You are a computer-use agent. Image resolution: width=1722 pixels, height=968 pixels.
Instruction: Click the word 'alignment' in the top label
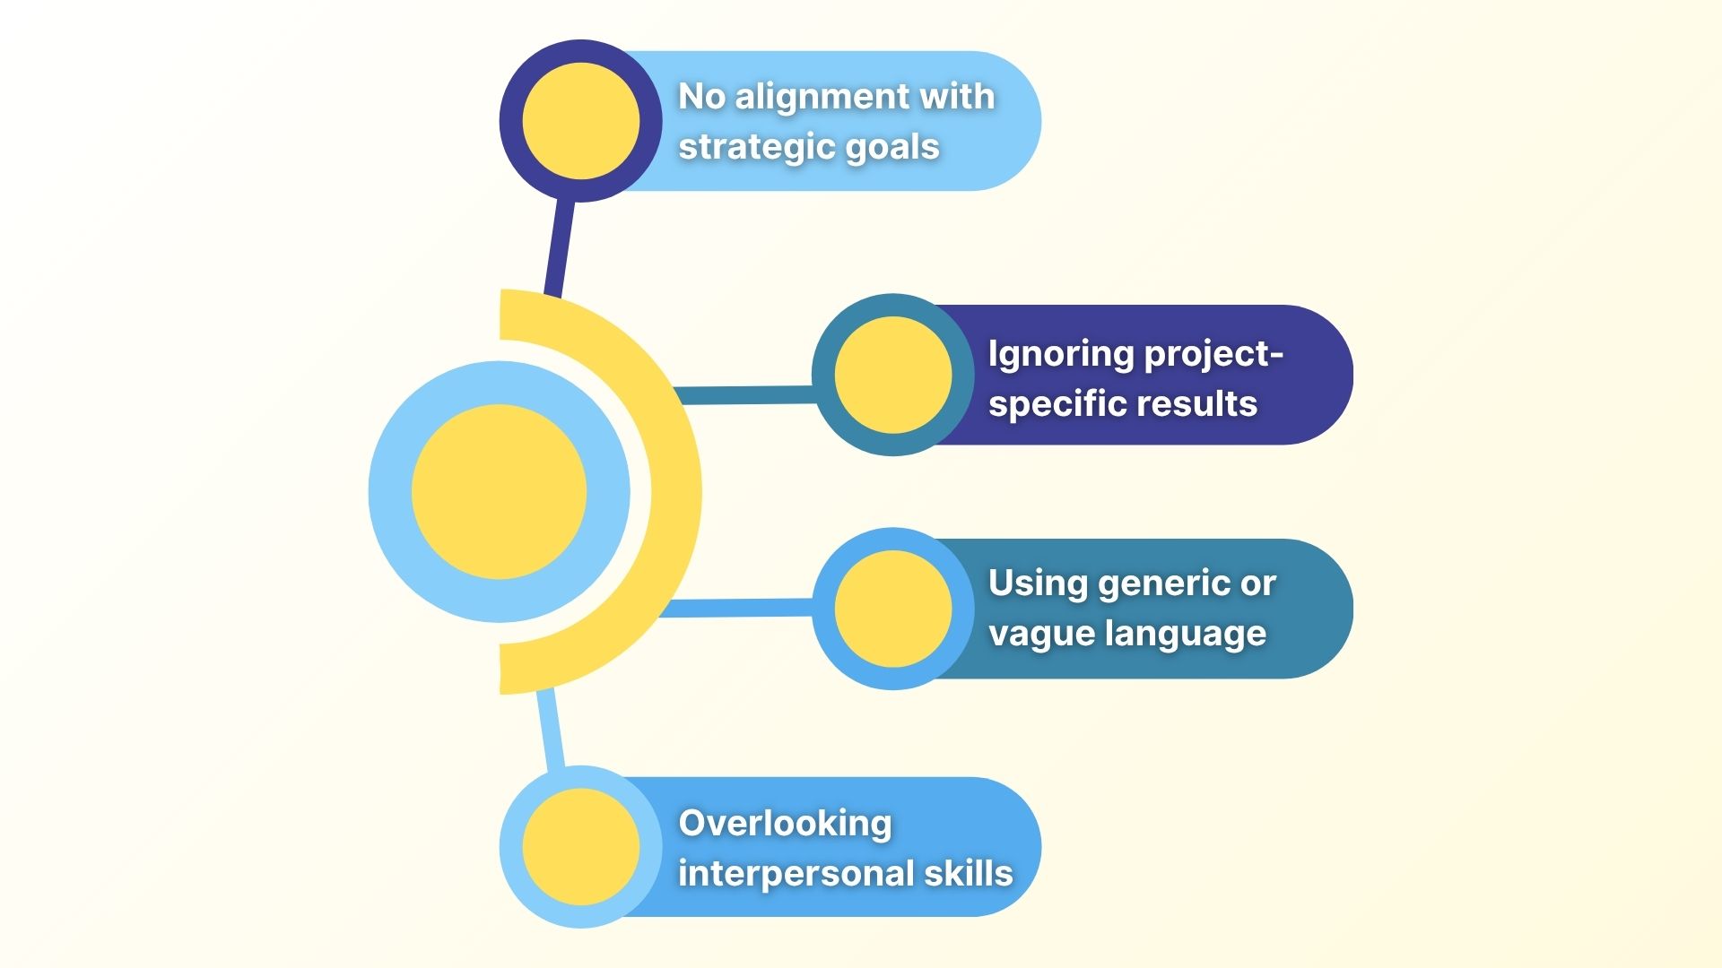[821, 98]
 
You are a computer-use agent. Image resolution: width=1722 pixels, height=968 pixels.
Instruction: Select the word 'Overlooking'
[785, 824]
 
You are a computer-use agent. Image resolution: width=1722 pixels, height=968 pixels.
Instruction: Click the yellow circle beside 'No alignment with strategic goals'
[580, 121]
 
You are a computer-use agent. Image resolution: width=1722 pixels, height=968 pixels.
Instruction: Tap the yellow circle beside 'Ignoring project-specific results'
[892, 375]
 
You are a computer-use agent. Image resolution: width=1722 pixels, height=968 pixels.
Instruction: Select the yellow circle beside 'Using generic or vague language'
[892, 609]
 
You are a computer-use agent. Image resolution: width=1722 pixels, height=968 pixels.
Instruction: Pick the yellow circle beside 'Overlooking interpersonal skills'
[580, 847]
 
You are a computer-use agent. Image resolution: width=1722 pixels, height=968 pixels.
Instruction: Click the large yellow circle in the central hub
[499, 492]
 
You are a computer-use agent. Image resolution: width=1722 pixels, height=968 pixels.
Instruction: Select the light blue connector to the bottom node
[551, 728]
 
